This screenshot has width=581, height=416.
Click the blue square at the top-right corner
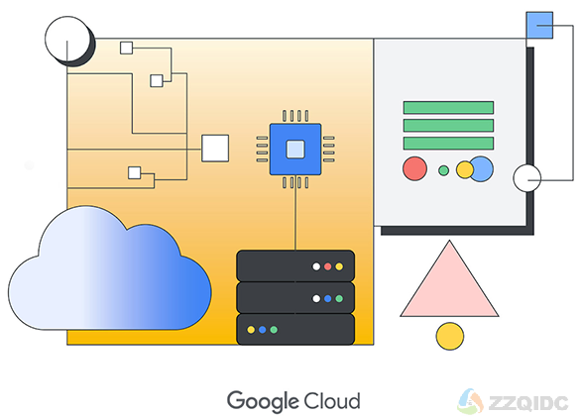539,25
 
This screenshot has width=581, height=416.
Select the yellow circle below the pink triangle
450,336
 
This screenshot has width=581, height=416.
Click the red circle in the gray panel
414,168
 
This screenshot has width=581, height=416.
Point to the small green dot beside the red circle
443,170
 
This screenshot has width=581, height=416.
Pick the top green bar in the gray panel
448,107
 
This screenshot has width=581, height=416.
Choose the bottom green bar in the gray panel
448,144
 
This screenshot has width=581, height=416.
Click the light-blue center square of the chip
295,150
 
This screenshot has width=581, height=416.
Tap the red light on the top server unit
327,266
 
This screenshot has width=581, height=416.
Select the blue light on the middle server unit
327,299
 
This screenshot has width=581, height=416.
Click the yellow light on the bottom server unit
251,330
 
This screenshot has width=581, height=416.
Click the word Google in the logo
263,401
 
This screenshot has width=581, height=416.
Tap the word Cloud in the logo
331,400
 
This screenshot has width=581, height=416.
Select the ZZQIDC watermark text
528,403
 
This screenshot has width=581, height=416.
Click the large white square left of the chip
215,148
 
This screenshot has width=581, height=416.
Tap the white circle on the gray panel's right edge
526,178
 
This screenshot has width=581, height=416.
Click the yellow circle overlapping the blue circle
465,170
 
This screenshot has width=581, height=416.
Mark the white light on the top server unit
316,266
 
